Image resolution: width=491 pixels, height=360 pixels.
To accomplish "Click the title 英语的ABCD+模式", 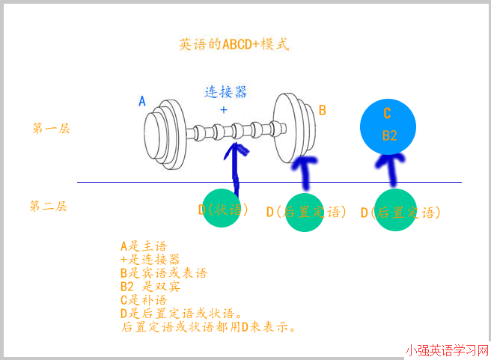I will pos(234,44).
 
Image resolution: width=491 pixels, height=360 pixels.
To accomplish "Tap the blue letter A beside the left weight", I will pos(142,101).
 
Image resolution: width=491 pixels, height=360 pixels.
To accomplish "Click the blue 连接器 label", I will pos(225,92).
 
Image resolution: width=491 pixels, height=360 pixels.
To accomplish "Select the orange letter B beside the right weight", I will pos(323,110).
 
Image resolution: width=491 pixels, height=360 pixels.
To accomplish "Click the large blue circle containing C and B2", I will pos(388,124).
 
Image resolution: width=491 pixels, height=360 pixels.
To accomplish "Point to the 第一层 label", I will pos(51,128).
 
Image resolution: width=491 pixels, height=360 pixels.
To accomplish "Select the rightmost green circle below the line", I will pos(396,211).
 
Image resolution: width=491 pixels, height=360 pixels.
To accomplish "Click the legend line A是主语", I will pos(143,245).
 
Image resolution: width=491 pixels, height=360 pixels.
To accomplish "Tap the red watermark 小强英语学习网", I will pos(447,350).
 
